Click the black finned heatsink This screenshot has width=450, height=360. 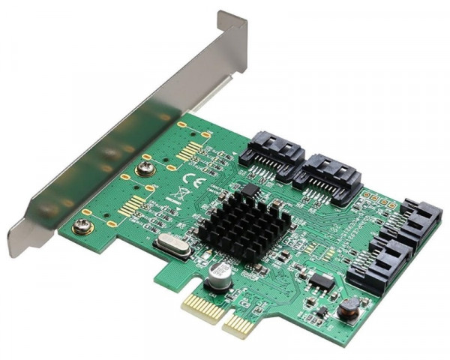pos(235,217)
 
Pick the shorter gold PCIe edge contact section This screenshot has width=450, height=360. pos(238,323)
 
